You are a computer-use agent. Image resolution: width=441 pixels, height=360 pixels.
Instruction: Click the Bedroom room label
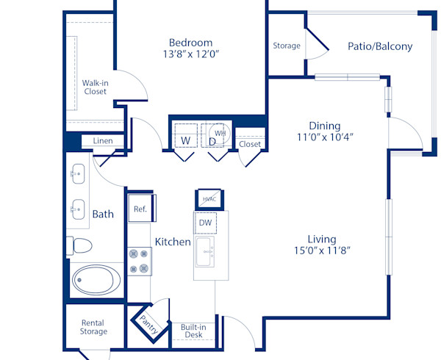[x=190, y=43]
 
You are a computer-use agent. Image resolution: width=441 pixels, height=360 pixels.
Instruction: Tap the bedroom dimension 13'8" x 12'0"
[x=190, y=54]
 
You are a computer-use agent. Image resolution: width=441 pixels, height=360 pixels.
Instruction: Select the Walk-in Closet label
[x=96, y=87]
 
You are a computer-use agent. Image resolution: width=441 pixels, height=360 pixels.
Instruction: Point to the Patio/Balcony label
[x=380, y=46]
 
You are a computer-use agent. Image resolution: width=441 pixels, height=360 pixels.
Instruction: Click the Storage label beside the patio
[x=287, y=46]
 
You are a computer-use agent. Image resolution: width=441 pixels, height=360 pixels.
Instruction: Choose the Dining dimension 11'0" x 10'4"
[x=324, y=137]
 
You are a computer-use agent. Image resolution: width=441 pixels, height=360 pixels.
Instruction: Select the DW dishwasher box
[x=206, y=223]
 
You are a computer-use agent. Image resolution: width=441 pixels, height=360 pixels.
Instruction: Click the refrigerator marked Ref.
[x=140, y=209]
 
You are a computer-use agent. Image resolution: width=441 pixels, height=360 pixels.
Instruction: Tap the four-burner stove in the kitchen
[x=139, y=261]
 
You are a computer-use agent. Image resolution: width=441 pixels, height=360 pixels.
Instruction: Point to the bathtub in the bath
[x=97, y=280]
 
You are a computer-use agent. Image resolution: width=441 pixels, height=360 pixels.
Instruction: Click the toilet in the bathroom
[x=79, y=245]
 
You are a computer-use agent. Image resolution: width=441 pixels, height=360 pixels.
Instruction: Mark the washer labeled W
[x=186, y=140]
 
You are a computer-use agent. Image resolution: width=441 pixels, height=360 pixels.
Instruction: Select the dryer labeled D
[x=213, y=140]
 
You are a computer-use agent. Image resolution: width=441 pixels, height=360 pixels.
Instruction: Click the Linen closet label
[x=103, y=141]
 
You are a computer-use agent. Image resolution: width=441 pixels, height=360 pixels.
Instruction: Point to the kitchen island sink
[x=207, y=253]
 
